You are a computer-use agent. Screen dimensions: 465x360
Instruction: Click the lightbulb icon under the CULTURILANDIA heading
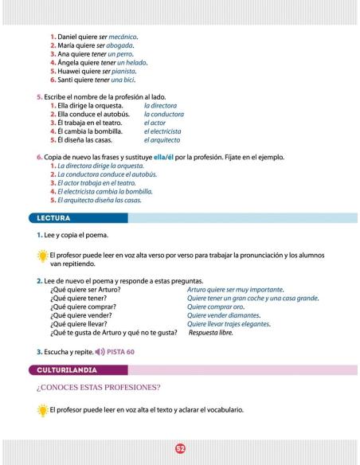pos(41,411)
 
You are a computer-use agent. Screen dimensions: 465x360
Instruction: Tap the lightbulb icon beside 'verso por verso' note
pos(41,254)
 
